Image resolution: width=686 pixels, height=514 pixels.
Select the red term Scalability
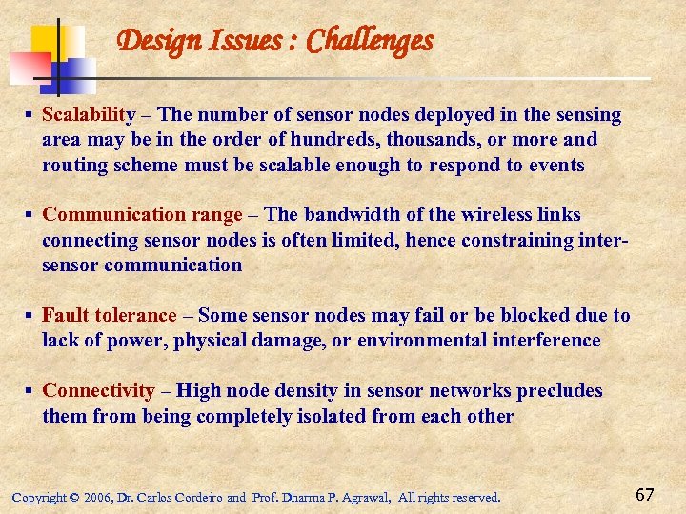89,115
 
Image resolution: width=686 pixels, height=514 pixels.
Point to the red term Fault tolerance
110,315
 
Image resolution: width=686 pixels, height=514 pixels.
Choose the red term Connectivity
98,390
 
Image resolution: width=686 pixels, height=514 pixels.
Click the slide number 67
645,494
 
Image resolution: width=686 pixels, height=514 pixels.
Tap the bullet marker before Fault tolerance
30,315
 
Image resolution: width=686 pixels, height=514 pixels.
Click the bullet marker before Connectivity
30,390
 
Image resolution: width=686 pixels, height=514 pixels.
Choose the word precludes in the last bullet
559,390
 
